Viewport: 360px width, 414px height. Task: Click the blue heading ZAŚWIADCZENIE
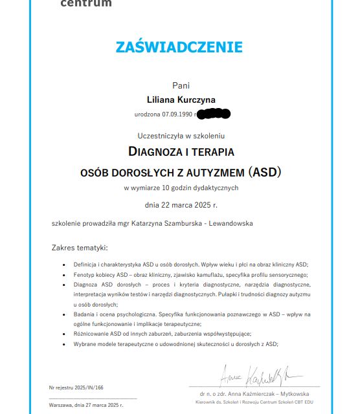pyautogui.click(x=179, y=47)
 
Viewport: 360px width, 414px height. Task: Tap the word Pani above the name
pyautogui.click(x=181, y=85)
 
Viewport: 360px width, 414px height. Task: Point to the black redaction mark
pyautogui.click(x=214, y=114)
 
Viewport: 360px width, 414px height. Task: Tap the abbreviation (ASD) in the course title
pyautogui.click(x=265, y=173)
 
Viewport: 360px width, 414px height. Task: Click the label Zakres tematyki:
pyautogui.click(x=80, y=248)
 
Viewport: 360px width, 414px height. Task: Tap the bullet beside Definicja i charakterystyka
pyautogui.click(x=63, y=265)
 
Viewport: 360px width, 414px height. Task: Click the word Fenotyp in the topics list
pyautogui.click(x=84, y=274)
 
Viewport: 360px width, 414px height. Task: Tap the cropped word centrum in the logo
pyautogui.click(x=85, y=4)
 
